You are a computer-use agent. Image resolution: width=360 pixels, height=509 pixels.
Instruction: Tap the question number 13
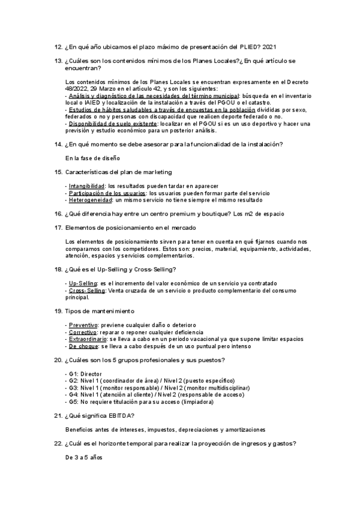pyautogui.click(x=58, y=61)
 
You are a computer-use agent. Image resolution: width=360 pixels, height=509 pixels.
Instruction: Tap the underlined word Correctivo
pyautogui.click(x=82, y=332)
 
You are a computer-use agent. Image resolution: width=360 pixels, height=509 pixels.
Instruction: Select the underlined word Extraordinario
pyautogui.click(x=88, y=339)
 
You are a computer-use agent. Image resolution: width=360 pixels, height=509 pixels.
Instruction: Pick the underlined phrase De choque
pyautogui.click(x=82, y=346)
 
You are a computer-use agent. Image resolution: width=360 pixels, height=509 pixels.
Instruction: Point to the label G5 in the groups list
pyautogui.click(x=73, y=402)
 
